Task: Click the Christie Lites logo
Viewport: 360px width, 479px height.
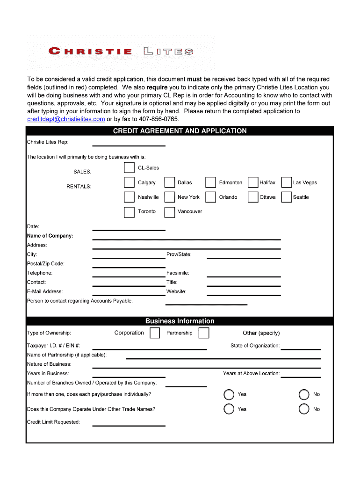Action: click(121, 51)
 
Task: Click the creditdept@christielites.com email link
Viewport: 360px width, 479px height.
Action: click(66, 119)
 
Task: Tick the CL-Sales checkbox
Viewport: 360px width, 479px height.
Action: click(129, 168)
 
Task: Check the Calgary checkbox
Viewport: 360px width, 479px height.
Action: click(129, 182)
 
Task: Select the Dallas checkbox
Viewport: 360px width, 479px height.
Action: click(169, 182)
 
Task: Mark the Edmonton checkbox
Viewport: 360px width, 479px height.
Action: click(210, 182)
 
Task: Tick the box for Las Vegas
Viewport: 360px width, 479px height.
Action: click(286, 182)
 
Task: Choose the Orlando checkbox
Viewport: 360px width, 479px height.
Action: click(210, 197)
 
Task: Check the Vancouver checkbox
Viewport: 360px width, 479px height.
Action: click(169, 212)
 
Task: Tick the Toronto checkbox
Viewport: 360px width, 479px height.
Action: click(129, 212)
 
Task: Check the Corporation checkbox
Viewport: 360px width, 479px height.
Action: click(155, 333)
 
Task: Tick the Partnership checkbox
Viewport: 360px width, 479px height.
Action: click(203, 333)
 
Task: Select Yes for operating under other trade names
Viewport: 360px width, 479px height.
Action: click(229, 409)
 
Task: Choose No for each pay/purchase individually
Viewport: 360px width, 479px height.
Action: click(304, 394)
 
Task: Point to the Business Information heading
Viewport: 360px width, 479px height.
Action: click(180, 321)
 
